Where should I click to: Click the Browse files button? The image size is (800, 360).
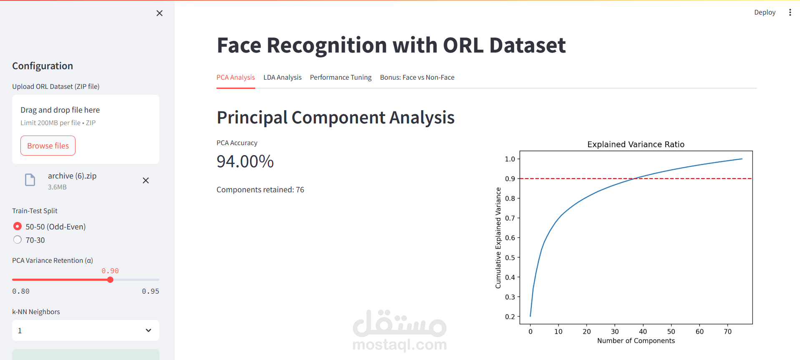(48, 146)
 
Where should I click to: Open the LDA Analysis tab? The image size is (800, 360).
(282, 78)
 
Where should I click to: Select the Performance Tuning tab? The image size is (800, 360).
(340, 78)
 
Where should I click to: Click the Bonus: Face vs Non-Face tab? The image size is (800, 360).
(417, 78)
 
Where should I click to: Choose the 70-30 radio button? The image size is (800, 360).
(18, 240)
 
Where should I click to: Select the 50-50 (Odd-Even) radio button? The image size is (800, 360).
(18, 226)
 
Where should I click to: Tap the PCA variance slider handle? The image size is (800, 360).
(110, 279)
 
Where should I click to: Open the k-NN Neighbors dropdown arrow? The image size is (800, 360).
(148, 330)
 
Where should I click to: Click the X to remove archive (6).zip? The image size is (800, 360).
(146, 181)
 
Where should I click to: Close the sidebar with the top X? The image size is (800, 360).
(159, 13)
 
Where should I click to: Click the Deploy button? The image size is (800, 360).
(764, 13)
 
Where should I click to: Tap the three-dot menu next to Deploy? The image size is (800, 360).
(790, 13)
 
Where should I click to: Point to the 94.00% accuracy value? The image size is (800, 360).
(245, 161)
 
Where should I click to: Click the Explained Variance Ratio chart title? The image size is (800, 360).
(635, 144)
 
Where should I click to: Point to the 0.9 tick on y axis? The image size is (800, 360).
(510, 179)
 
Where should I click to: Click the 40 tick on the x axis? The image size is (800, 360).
(643, 332)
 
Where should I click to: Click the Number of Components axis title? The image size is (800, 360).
(635, 341)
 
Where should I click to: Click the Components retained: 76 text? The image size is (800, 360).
(260, 190)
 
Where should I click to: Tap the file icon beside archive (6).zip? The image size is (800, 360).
(30, 180)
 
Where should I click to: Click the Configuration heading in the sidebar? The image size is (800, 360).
(43, 66)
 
